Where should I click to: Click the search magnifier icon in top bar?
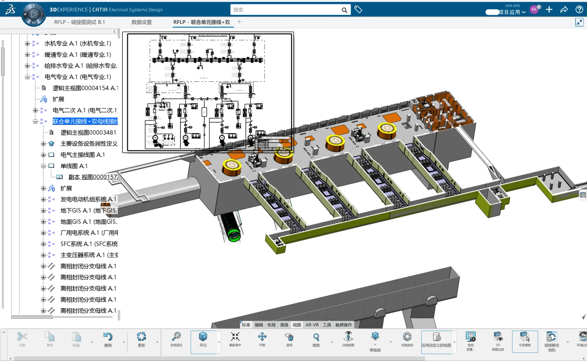point(344,10)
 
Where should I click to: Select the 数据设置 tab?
point(141,22)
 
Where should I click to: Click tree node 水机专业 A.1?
point(77,43)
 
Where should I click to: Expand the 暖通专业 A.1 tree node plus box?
point(27,55)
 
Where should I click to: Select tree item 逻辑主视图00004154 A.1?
point(85,88)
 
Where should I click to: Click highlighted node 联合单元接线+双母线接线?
point(85,121)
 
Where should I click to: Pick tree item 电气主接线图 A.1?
point(83,155)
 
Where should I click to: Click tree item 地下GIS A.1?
point(88,210)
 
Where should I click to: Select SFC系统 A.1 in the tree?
point(89,244)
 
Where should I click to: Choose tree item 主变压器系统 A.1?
point(89,255)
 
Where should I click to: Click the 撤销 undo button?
point(108,339)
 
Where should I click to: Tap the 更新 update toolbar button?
point(141,339)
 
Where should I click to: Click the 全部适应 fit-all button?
point(176,339)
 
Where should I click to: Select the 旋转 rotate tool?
point(289,339)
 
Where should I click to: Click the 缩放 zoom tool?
point(316,339)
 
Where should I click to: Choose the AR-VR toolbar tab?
point(312,325)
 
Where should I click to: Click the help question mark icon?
point(579,9)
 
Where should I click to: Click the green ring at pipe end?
point(234,236)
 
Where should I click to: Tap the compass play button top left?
point(34,14)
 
